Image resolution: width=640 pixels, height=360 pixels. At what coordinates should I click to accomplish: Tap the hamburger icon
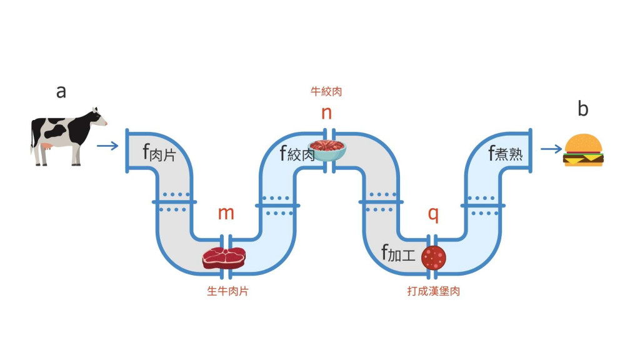coord(584,151)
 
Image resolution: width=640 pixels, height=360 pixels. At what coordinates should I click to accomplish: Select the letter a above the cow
coord(61,92)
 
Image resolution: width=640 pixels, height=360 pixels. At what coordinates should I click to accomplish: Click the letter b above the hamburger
coord(582,109)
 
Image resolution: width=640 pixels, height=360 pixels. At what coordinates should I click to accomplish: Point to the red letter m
coord(226,213)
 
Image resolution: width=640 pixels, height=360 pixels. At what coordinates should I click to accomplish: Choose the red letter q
coord(433,213)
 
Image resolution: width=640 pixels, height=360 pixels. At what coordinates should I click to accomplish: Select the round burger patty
coord(434,257)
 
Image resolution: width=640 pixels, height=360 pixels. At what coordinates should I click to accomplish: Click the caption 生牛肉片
coord(227,291)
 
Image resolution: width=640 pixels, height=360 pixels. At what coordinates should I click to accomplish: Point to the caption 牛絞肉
coord(326,92)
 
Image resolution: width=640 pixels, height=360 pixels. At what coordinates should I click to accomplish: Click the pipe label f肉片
coord(159,152)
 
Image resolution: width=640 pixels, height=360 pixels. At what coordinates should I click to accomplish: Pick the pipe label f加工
coord(398,253)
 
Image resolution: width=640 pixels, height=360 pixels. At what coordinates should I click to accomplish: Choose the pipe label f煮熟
coord(505,152)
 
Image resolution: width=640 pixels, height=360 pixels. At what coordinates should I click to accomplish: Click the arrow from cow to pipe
coord(108,146)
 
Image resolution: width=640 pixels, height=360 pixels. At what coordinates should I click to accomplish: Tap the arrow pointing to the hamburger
coord(551,149)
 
